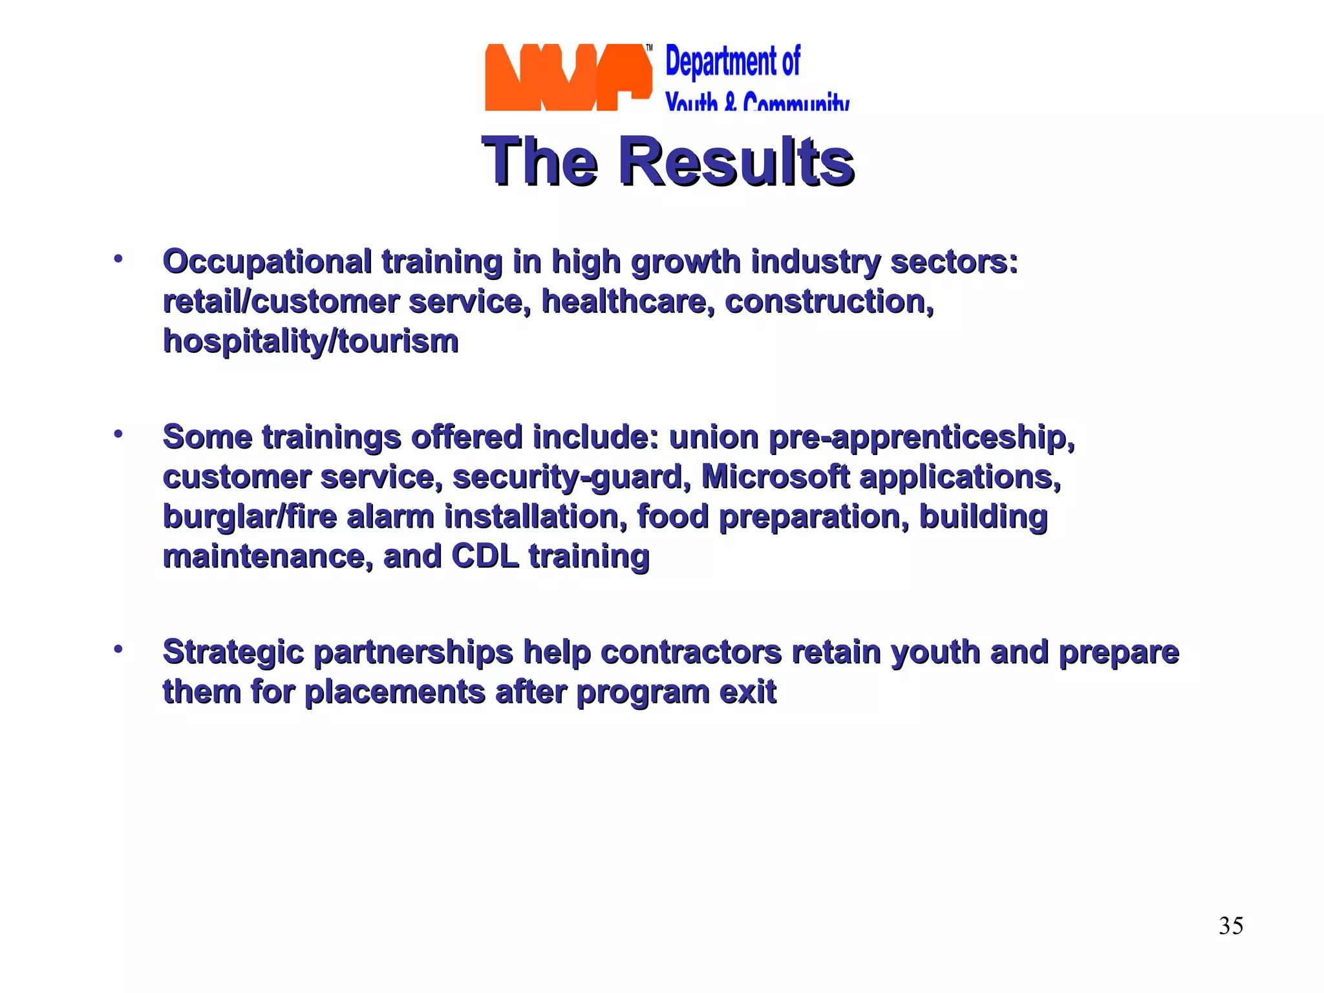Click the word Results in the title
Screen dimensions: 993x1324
(x=736, y=162)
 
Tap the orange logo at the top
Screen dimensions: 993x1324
(x=568, y=78)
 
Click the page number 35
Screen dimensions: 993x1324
(x=1231, y=926)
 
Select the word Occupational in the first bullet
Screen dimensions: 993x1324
(x=267, y=262)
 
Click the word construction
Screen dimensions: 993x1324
(x=829, y=302)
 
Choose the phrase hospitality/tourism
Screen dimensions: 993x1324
(x=310, y=341)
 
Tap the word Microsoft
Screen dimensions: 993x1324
(x=775, y=477)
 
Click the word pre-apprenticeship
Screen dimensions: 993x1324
(x=921, y=438)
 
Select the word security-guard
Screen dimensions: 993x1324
(x=568, y=477)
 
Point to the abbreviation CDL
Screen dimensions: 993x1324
(x=485, y=556)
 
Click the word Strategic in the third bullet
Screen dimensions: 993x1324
(x=233, y=652)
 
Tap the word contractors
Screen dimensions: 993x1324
(x=691, y=652)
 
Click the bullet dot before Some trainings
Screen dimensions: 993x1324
(x=118, y=434)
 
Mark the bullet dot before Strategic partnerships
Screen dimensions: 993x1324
(x=118, y=648)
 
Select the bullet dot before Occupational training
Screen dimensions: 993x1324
(x=118, y=259)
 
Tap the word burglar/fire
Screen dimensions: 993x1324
(x=250, y=517)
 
